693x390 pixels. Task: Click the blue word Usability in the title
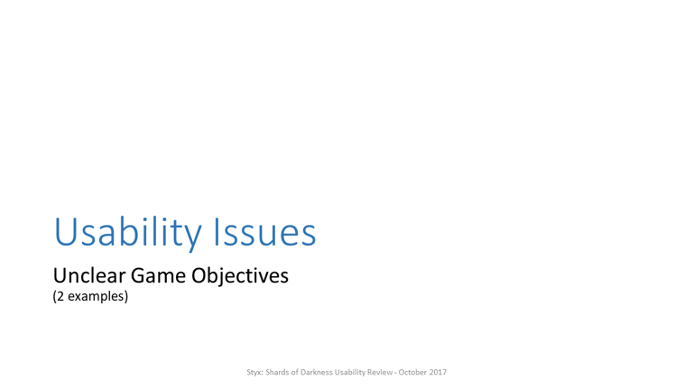coord(128,233)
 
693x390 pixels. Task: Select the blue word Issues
coord(264,231)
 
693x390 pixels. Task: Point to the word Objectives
coord(240,276)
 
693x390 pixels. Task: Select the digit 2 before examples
coord(60,296)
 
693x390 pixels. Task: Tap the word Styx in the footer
coord(254,372)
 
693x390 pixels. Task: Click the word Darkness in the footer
coord(317,372)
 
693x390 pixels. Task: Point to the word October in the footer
coord(412,372)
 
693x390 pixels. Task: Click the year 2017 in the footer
coord(438,372)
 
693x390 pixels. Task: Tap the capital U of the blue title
coord(65,232)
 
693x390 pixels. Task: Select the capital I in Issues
coord(217,231)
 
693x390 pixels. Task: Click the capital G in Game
coord(139,275)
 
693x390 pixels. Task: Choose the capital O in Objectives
coord(199,275)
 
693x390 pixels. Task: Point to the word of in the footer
coord(294,372)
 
